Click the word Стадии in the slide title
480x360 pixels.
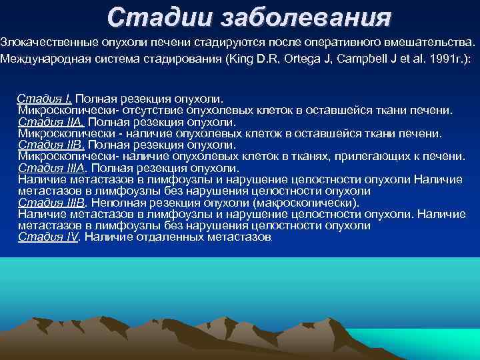[x=145, y=17]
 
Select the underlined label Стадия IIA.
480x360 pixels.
[x=51, y=122]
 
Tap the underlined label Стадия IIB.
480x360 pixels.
[x=51, y=145]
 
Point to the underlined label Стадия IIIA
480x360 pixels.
[x=53, y=168]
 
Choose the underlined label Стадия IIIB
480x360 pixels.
[x=53, y=202]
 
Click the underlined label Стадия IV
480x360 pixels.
[x=49, y=237]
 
